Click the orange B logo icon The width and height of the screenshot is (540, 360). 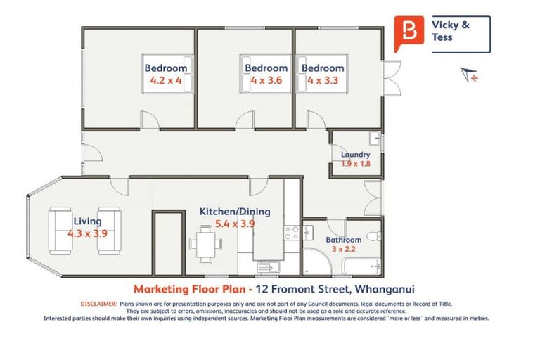click(x=409, y=33)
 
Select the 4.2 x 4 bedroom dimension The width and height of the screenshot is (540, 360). click(x=166, y=81)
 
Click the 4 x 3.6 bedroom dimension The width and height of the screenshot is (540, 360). click(x=266, y=81)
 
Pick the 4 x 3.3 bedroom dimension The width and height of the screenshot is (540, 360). click(x=323, y=81)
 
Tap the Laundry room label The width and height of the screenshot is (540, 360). click(x=355, y=155)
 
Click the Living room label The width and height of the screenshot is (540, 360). click(x=87, y=221)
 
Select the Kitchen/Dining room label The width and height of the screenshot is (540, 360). click(x=226, y=211)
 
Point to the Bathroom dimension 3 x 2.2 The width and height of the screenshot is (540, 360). click(x=343, y=250)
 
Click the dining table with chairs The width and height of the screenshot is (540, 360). click(x=205, y=245)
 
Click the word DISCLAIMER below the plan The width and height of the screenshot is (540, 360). click(x=98, y=304)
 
